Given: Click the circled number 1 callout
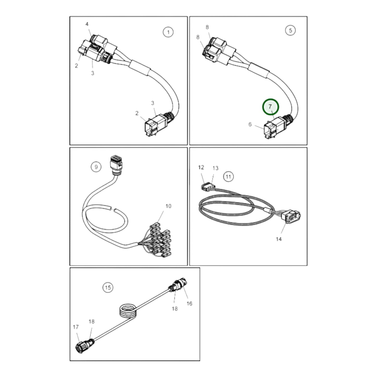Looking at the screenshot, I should [x=168, y=32].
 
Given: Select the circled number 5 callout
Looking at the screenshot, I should [x=290, y=31].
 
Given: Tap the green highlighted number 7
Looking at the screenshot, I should [x=271, y=107].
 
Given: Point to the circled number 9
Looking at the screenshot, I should [x=96, y=166].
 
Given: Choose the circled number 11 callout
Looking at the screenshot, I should [x=228, y=177].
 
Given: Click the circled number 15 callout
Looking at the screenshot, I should [x=108, y=288].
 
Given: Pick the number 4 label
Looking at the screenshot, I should [x=87, y=24].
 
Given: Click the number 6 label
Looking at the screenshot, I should [x=250, y=124].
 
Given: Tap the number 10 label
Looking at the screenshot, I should [x=168, y=206].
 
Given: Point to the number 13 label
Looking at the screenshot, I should [x=215, y=168].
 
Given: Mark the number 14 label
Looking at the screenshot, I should [x=279, y=239].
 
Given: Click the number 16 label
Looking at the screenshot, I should [x=189, y=303].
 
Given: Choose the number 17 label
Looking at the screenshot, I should [x=76, y=327].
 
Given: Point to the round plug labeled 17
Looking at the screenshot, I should [x=80, y=346].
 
